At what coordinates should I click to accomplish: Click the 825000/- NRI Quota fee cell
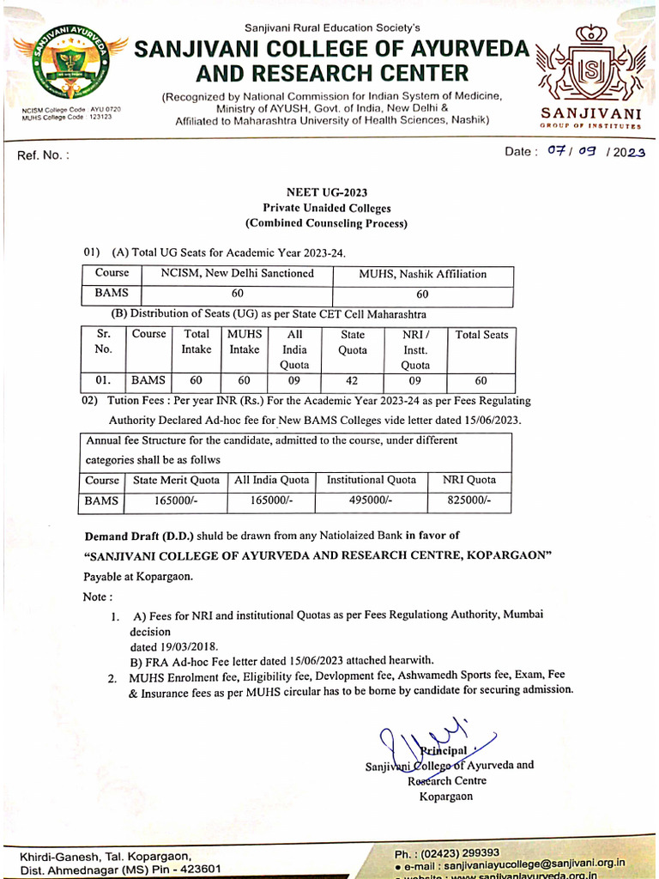469,500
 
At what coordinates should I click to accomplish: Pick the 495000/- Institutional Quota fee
371,500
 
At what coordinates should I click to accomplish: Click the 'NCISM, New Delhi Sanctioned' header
238,274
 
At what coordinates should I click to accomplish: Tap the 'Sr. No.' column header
103,343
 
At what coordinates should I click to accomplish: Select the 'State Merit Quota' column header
176,481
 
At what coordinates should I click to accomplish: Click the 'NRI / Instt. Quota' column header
415,349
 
